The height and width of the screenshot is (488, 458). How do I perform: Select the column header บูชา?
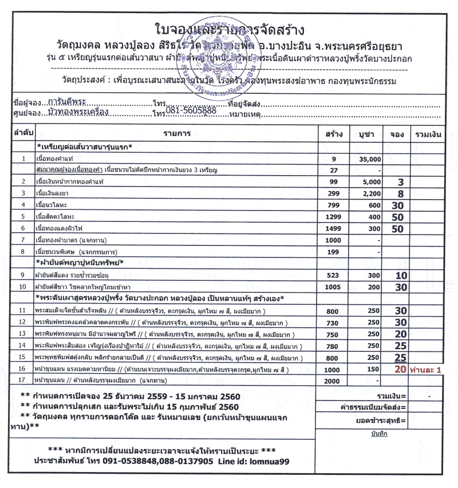366,134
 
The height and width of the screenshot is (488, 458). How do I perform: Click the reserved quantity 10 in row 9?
401,275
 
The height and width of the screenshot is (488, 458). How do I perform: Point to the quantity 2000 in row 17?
332,381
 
